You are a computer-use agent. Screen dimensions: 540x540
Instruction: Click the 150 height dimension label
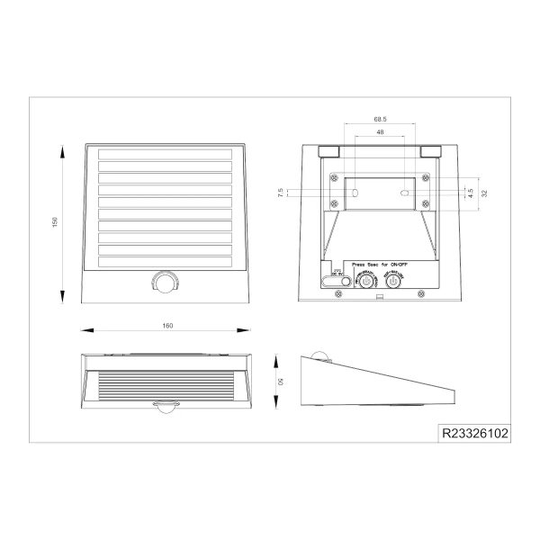55,222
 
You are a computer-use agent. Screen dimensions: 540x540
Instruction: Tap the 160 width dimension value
167,325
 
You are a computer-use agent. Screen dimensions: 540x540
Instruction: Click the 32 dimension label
484,193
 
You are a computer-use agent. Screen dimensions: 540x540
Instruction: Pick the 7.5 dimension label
282,193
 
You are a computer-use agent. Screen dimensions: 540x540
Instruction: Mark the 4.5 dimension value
470,191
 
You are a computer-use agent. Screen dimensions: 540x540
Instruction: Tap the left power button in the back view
365,281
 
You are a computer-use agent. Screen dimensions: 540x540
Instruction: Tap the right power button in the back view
393,281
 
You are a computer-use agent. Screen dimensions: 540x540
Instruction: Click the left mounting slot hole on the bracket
355,193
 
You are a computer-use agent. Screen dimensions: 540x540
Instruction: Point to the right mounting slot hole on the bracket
405,193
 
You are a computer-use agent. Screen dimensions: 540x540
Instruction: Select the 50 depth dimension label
281,382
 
